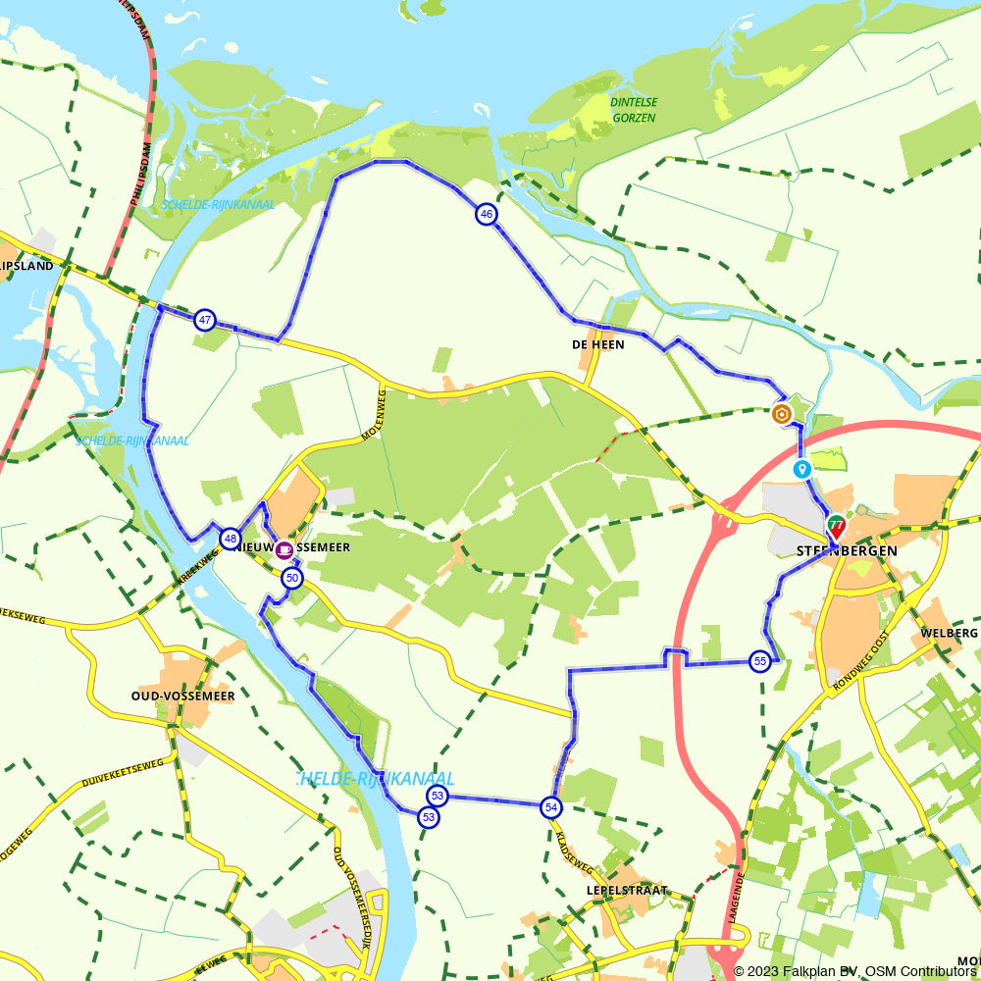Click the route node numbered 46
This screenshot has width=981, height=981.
pyautogui.click(x=486, y=214)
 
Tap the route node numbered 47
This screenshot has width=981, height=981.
pyautogui.click(x=204, y=320)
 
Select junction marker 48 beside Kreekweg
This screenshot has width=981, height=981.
pyautogui.click(x=230, y=539)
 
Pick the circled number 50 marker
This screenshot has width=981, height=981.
pyautogui.click(x=291, y=579)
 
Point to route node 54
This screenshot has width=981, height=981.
pyautogui.click(x=551, y=807)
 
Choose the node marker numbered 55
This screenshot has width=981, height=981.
pyautogui.click(x=760, y=661)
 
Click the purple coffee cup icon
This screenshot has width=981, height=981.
pyautogui.click(x=284, y=549)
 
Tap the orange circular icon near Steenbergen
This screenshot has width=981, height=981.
pyautogui.click(x=782, y=414)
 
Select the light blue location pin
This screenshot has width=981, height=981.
pyautogui.click(x=802, y=469)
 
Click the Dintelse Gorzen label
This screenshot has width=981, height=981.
pyautogui.click(x=634, y=110)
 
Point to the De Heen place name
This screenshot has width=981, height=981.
pyautogui.click(x=597, y=344)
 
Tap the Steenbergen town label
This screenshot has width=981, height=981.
pyautogui.click(x=841, y=551)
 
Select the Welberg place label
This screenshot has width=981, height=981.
pyautogui.click(x=950, y=633)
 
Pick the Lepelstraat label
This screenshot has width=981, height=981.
pyautogui.click(x=627, y=891)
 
